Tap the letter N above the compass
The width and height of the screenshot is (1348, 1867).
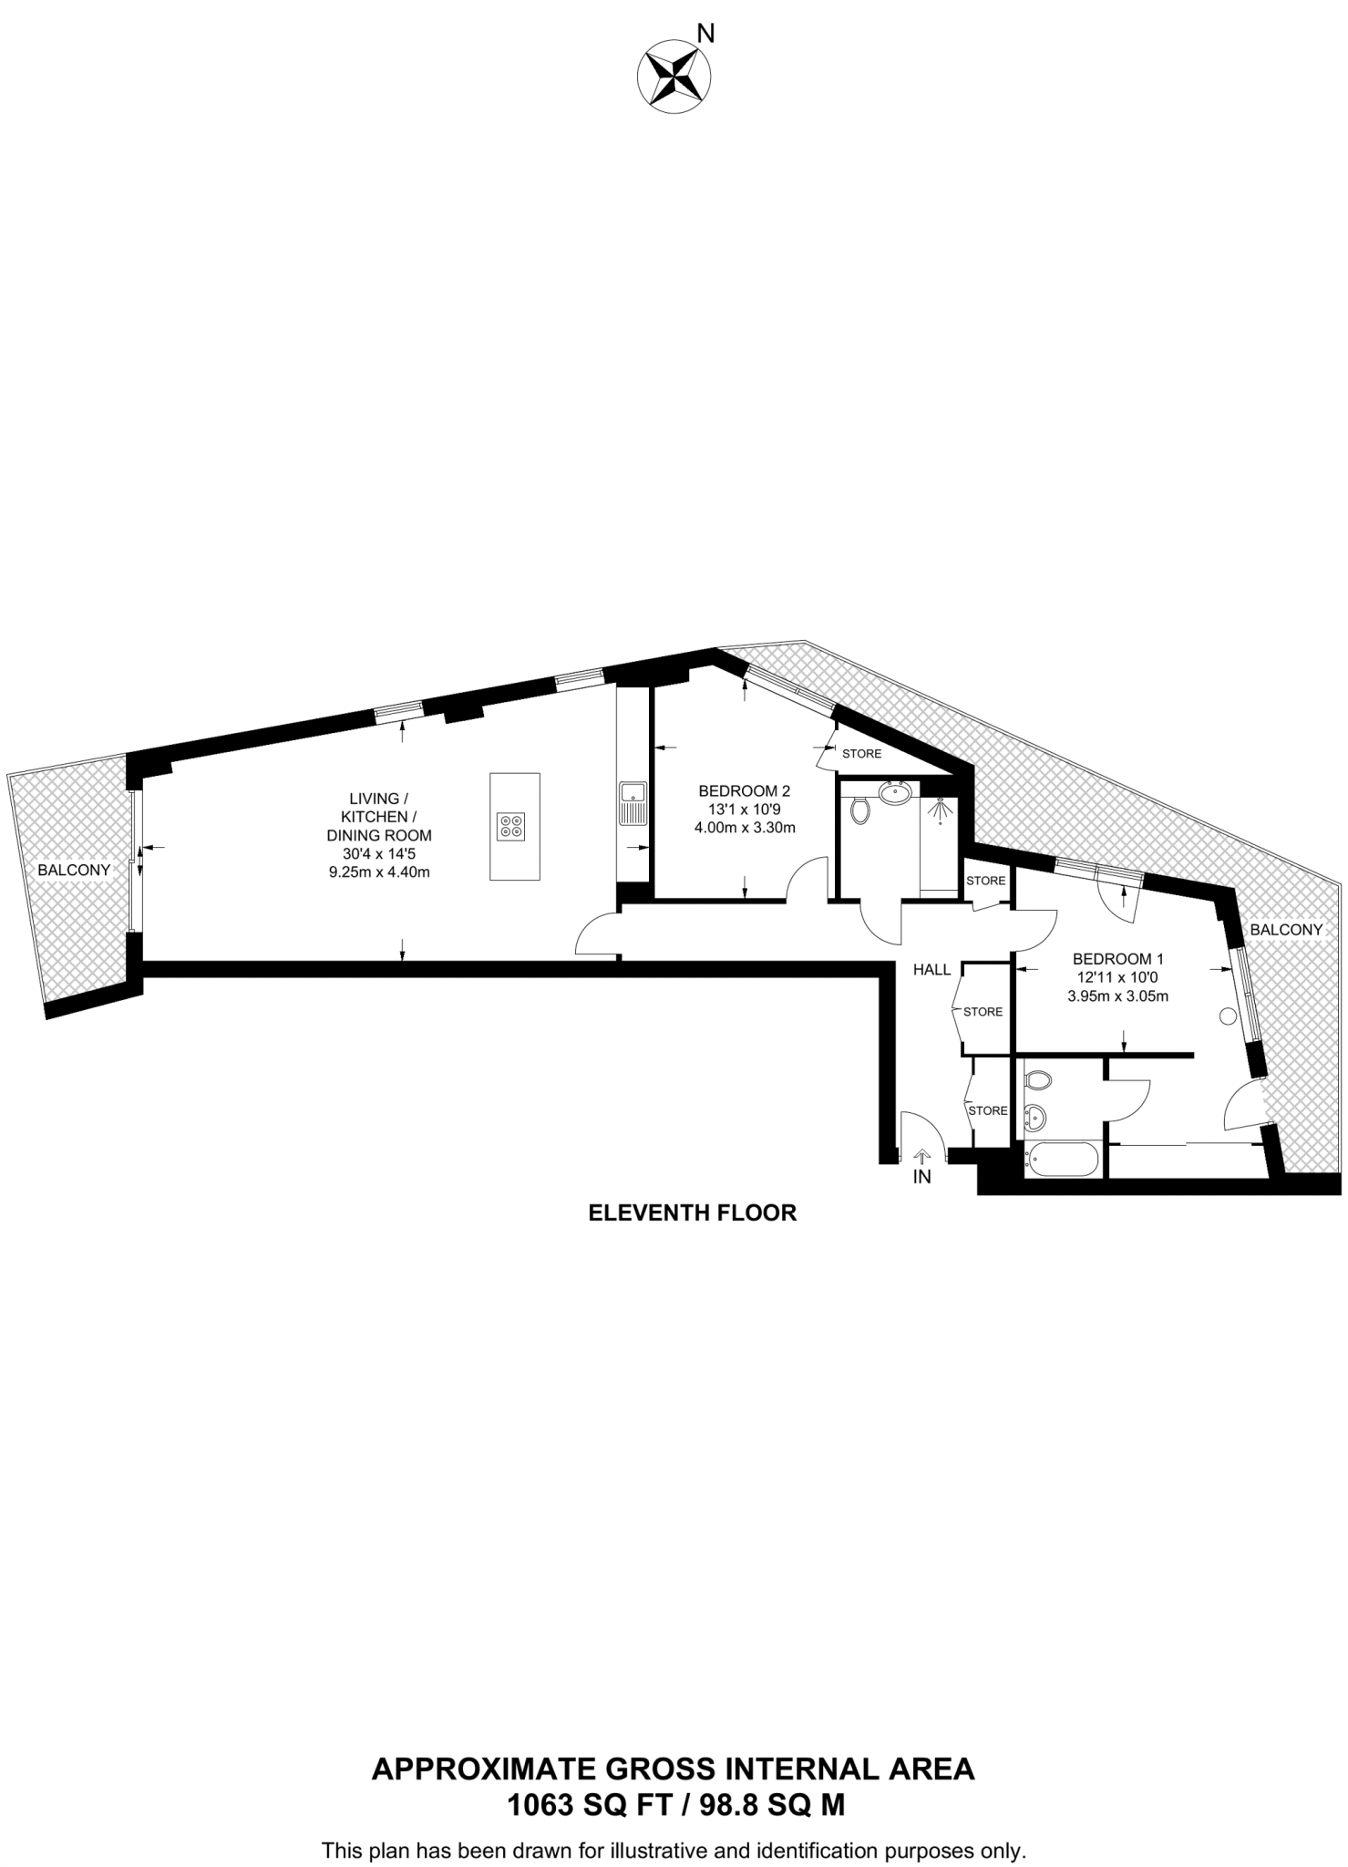pos(705,34)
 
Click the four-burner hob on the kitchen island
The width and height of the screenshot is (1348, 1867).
pos(511,826)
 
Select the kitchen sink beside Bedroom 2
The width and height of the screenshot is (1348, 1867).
pos(632,802)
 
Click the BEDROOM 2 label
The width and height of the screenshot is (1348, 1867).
pos(744,790)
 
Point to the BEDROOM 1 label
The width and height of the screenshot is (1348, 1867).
pos(1117,959)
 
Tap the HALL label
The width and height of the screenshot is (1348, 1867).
pos(931,970)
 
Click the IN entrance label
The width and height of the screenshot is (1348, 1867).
pos(922,1177)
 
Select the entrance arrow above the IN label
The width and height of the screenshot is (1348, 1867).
pos(922,1157)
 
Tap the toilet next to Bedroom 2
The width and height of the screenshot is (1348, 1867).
pos(859,808)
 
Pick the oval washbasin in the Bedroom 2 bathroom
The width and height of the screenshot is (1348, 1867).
pos(898,791)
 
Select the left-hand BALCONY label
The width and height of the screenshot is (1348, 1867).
pos(74,870)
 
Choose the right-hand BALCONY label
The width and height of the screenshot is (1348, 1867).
pos(1286,930)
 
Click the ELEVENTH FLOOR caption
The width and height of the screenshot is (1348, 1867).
pos(692,1213)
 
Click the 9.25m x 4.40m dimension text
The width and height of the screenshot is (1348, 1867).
pos(379,872)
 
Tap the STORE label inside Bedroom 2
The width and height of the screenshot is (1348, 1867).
pos(861,754)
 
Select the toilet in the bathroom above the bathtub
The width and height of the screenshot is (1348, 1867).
pos(1039,1080)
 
